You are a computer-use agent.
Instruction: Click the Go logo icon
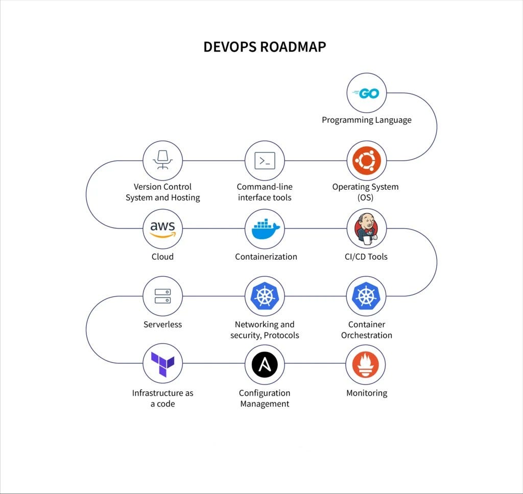point(366,93)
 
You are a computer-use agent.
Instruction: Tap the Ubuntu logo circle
point(366,161)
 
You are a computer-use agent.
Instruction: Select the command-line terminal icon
point(265,161)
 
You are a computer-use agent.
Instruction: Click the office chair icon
point(162,161)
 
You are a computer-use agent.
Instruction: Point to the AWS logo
point(162,229)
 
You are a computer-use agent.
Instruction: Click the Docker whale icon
point(265,229)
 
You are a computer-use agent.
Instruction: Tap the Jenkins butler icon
point(366,229)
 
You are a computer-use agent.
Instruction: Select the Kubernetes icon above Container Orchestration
point(366,296)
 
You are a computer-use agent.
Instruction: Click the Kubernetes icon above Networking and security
point(265,296)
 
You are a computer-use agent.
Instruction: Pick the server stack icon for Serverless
point(162,296)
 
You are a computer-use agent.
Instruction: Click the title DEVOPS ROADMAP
point(265,47)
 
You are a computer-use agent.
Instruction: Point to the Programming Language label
point(366,120)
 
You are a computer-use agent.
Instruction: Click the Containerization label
point(266,257)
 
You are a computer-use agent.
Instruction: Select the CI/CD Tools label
point(366,257)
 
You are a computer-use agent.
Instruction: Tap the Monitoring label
point(367,393)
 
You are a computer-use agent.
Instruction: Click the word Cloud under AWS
point(162,257)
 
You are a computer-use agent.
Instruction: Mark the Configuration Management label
point(265,398)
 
